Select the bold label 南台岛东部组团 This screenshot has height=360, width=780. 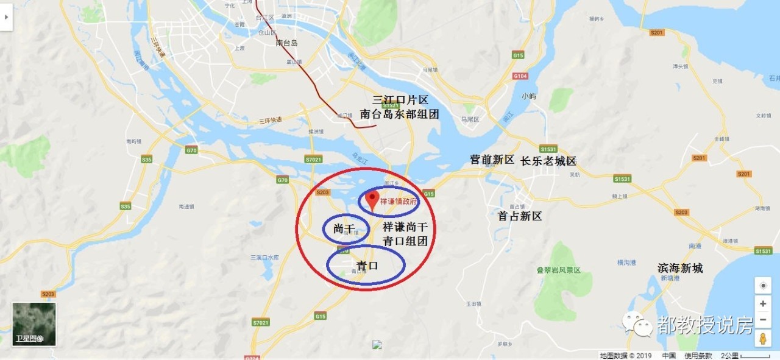pyautogui.click(x=400, y=114)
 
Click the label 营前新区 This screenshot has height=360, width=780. pyautogui.click(x=492, y=160)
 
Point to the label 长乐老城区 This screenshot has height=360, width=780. pyautogui.click(x=548, y=161)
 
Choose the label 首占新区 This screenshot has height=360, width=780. pyautogui.click(x=519, y=216)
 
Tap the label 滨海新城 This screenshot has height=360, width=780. pyautogui.click(x=680, y=268)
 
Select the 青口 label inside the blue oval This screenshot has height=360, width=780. pyautogui.click(x=367, y=266)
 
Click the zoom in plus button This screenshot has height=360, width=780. pyautogui.click(x=763, y=303)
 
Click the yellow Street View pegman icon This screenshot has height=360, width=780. pyautogui.click(x=763, y=339)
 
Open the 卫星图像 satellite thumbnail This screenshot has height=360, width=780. pyautogui.click(x=34, y=324)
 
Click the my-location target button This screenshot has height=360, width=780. pyautogui.click(x=763, y=285)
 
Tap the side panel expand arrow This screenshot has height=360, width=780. pyautogui.click(x=6, y=17)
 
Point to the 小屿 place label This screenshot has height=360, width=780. pyautogui.click(x=528, y=96)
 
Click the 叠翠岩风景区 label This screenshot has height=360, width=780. pyautogui.click(x=558, y=270)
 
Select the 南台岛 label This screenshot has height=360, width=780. pyautogui.click(x=286, y=43)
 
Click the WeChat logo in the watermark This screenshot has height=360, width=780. pyautogui.click(x=637, y=325)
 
